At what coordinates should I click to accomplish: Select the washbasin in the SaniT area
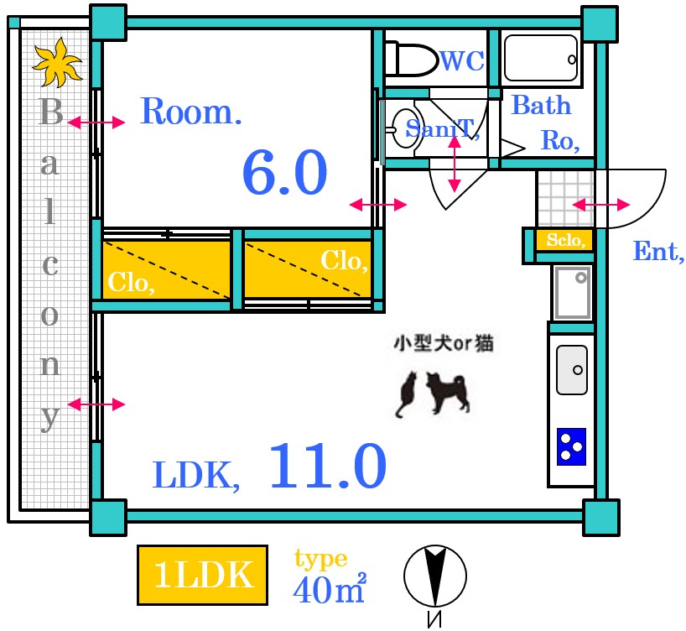pyautogui.click(x=405, y=128)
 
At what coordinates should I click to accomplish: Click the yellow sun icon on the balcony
pyautogui.click(x=57, y=63)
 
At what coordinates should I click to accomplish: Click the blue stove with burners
pyautogui.click(x=572, y=446)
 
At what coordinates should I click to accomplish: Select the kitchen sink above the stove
pyautogui.click(x=572, y=369)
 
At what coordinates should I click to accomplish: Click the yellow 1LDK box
pyautogui.click(x=202, y=576)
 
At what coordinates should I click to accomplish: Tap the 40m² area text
pyautogui.click(x=329, y=589)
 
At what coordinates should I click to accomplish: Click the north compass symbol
pyautogui.click(x=434, y=577)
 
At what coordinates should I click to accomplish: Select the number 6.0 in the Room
pyautogui.click(x=284, y=174)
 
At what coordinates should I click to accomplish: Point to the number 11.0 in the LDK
pyautogui.click(x=327, y=467)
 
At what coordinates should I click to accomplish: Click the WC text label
pyautogui.click(x=462, y=60)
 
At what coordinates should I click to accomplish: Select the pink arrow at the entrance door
pyautogui.click(x=600, y=205)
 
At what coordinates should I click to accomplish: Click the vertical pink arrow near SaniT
pyautogui.click(x=455, y=163)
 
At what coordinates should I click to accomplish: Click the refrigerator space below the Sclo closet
pyautogui.click(x=572, y=291)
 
